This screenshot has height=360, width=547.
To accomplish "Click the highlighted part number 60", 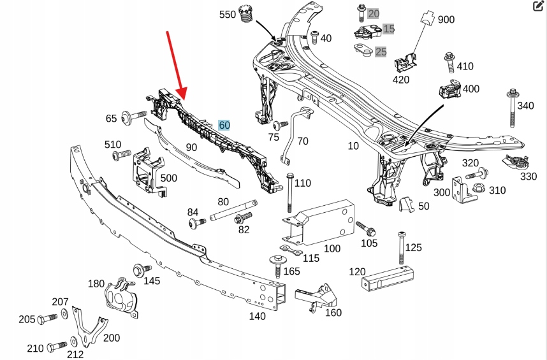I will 224,126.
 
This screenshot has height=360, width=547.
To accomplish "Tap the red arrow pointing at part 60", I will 175,64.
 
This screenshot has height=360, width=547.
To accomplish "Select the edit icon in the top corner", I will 538,7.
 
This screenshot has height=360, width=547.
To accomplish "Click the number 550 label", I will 227,14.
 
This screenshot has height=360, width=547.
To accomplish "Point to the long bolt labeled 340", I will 512,109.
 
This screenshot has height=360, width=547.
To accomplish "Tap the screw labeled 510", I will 120,155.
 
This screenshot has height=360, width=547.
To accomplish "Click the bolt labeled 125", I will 402,247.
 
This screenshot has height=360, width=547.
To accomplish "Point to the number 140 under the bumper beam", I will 257,316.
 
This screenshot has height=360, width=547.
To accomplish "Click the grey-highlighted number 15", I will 388,29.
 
